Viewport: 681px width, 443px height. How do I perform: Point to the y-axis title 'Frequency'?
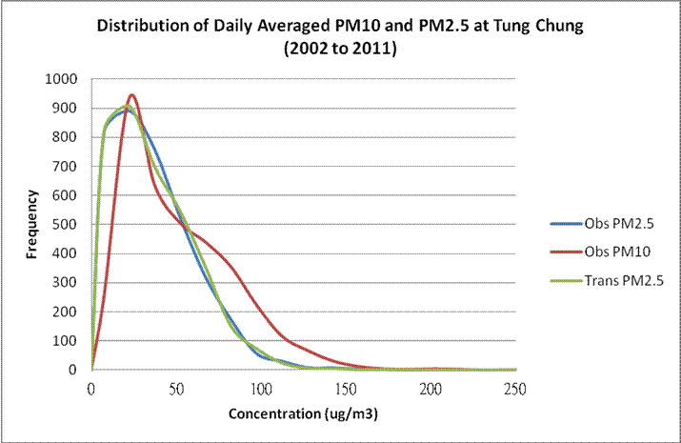pos(30,225)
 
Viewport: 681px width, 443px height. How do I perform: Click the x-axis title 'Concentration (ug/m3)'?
pos(303,414)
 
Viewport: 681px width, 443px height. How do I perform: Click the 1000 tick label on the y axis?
pos(61,79)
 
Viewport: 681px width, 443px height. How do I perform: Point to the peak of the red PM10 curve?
pos(132,95)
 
